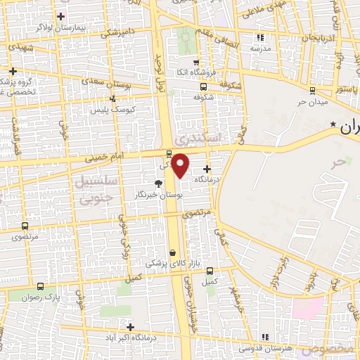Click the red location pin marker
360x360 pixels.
[181, 165]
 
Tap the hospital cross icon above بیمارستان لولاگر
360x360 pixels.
[60, 16]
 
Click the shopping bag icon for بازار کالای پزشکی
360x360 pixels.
[173, 252]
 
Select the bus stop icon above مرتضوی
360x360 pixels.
[25, 226]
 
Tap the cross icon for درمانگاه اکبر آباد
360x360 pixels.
[130, 326]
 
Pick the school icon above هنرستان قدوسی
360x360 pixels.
[265, 337]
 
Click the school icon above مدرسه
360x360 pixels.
[260, 37]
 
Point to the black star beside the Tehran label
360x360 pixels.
[333, 124]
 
